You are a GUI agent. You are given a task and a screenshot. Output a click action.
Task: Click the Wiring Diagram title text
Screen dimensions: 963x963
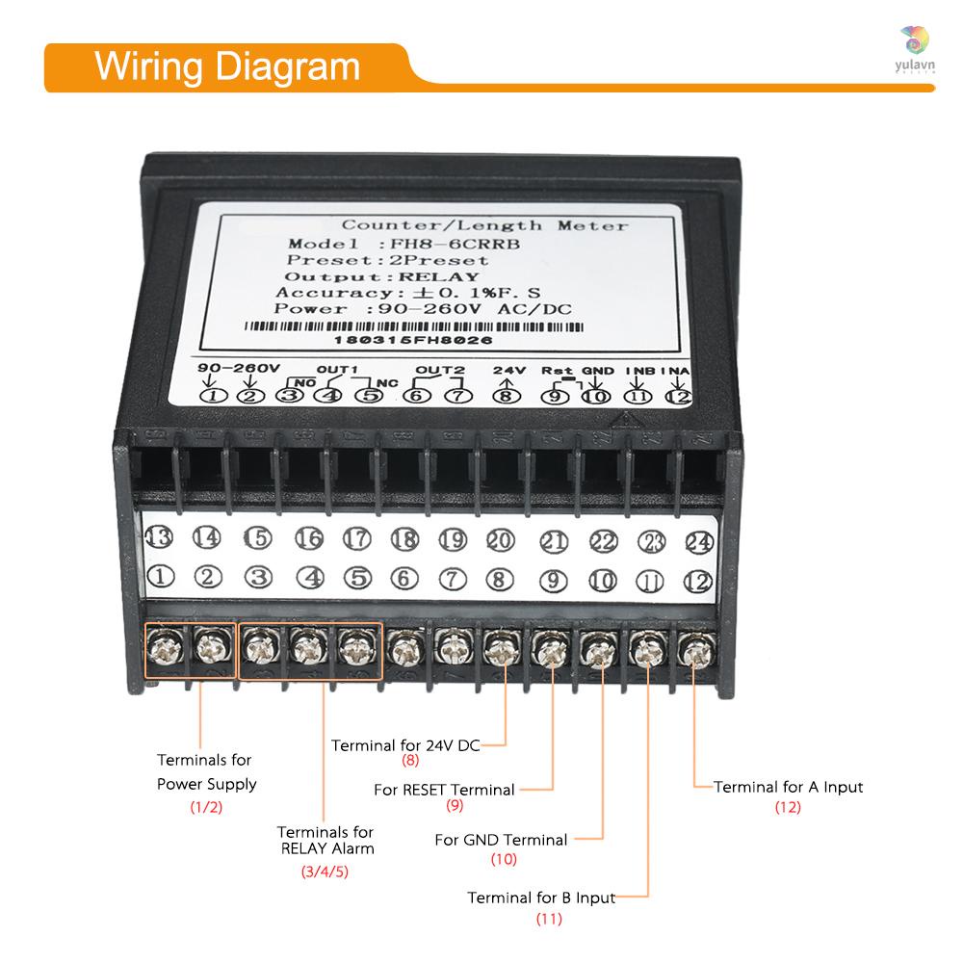tap(227, 67)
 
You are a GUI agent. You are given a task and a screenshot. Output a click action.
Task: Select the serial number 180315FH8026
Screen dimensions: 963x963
tap(413, 340)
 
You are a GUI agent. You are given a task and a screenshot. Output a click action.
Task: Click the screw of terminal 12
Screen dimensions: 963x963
tap(693, 653)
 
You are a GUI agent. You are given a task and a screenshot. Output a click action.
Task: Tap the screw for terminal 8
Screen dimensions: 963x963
tap(499, 651)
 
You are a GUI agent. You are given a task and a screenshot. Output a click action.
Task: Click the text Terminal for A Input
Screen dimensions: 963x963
tap(789, 787)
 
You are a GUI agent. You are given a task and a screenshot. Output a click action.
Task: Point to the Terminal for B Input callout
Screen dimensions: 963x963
tap(540, 898)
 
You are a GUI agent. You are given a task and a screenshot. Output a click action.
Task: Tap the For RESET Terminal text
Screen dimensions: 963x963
tap(444, 790)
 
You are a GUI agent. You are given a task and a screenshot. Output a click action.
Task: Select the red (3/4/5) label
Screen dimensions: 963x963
tap(325, 872)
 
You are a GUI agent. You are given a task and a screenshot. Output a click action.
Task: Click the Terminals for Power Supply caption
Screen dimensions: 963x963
tap(206, 772)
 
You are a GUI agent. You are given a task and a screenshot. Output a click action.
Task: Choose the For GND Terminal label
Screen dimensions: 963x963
tap(501, 840)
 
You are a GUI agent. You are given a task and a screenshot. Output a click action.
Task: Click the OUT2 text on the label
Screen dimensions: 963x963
tap(439, 370)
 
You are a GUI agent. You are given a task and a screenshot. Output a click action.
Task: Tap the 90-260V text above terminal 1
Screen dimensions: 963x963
tap(238, 368)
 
